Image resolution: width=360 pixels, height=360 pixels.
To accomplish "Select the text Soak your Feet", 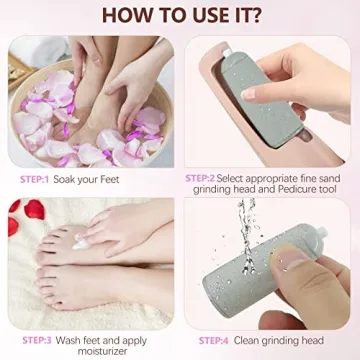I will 85,179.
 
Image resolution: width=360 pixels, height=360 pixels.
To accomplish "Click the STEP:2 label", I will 200,178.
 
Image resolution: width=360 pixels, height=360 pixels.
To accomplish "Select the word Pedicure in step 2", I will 282,190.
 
